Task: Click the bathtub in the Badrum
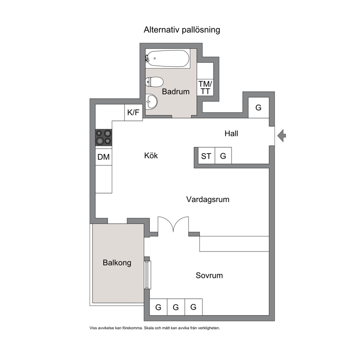(x=168, y=58)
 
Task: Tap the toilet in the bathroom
(x=154, y=82)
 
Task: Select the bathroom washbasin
(x=151, y=101)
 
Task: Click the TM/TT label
(x=205, y=88)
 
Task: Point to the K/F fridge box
(x=134, y=112)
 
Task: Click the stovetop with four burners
(x=104, y=138)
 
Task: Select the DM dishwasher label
(x=103, y=157)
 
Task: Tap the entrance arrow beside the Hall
(x=281, y=135)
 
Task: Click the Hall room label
(x=231, y=134)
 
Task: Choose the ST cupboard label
(x=206, y=156)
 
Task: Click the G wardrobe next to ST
(x=223, y=156)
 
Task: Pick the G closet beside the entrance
(x=259, y=108)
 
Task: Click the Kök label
(x=151, y=155)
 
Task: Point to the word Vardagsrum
(x=208, y=199)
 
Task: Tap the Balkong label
(x=117, y=263)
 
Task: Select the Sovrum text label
(x=209, y=275)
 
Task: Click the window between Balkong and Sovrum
(x=148, y=275)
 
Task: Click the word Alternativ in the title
(x=162, y=30)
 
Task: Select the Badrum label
(x=176, y=91)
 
